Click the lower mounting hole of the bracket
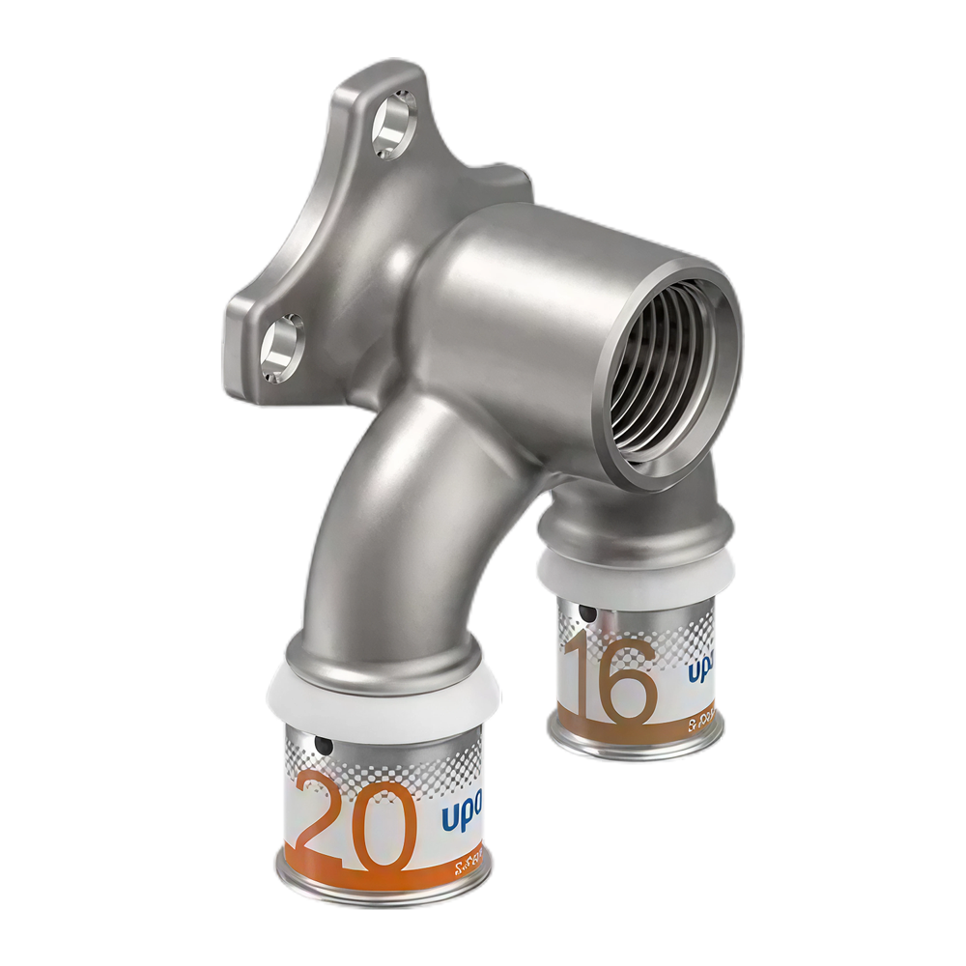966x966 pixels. pyautogui.click(x=282, y=345)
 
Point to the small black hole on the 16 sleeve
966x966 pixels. pyautogui.click(x=582, y=612)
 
